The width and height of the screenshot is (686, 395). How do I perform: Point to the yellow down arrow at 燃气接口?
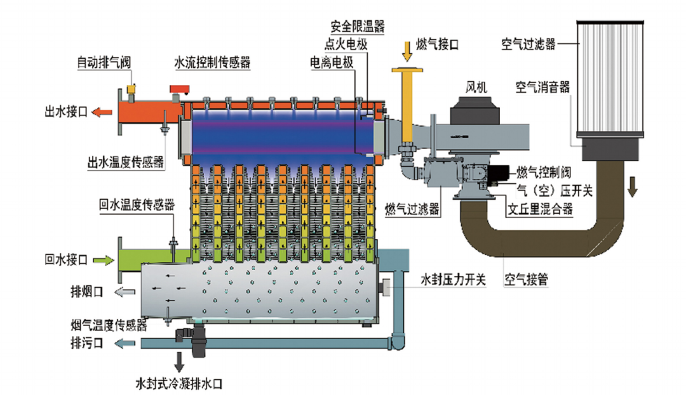pos(406,48)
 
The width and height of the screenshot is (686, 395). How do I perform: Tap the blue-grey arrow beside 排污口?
pos(124,344)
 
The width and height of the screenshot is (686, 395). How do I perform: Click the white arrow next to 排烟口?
pos(124,292)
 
